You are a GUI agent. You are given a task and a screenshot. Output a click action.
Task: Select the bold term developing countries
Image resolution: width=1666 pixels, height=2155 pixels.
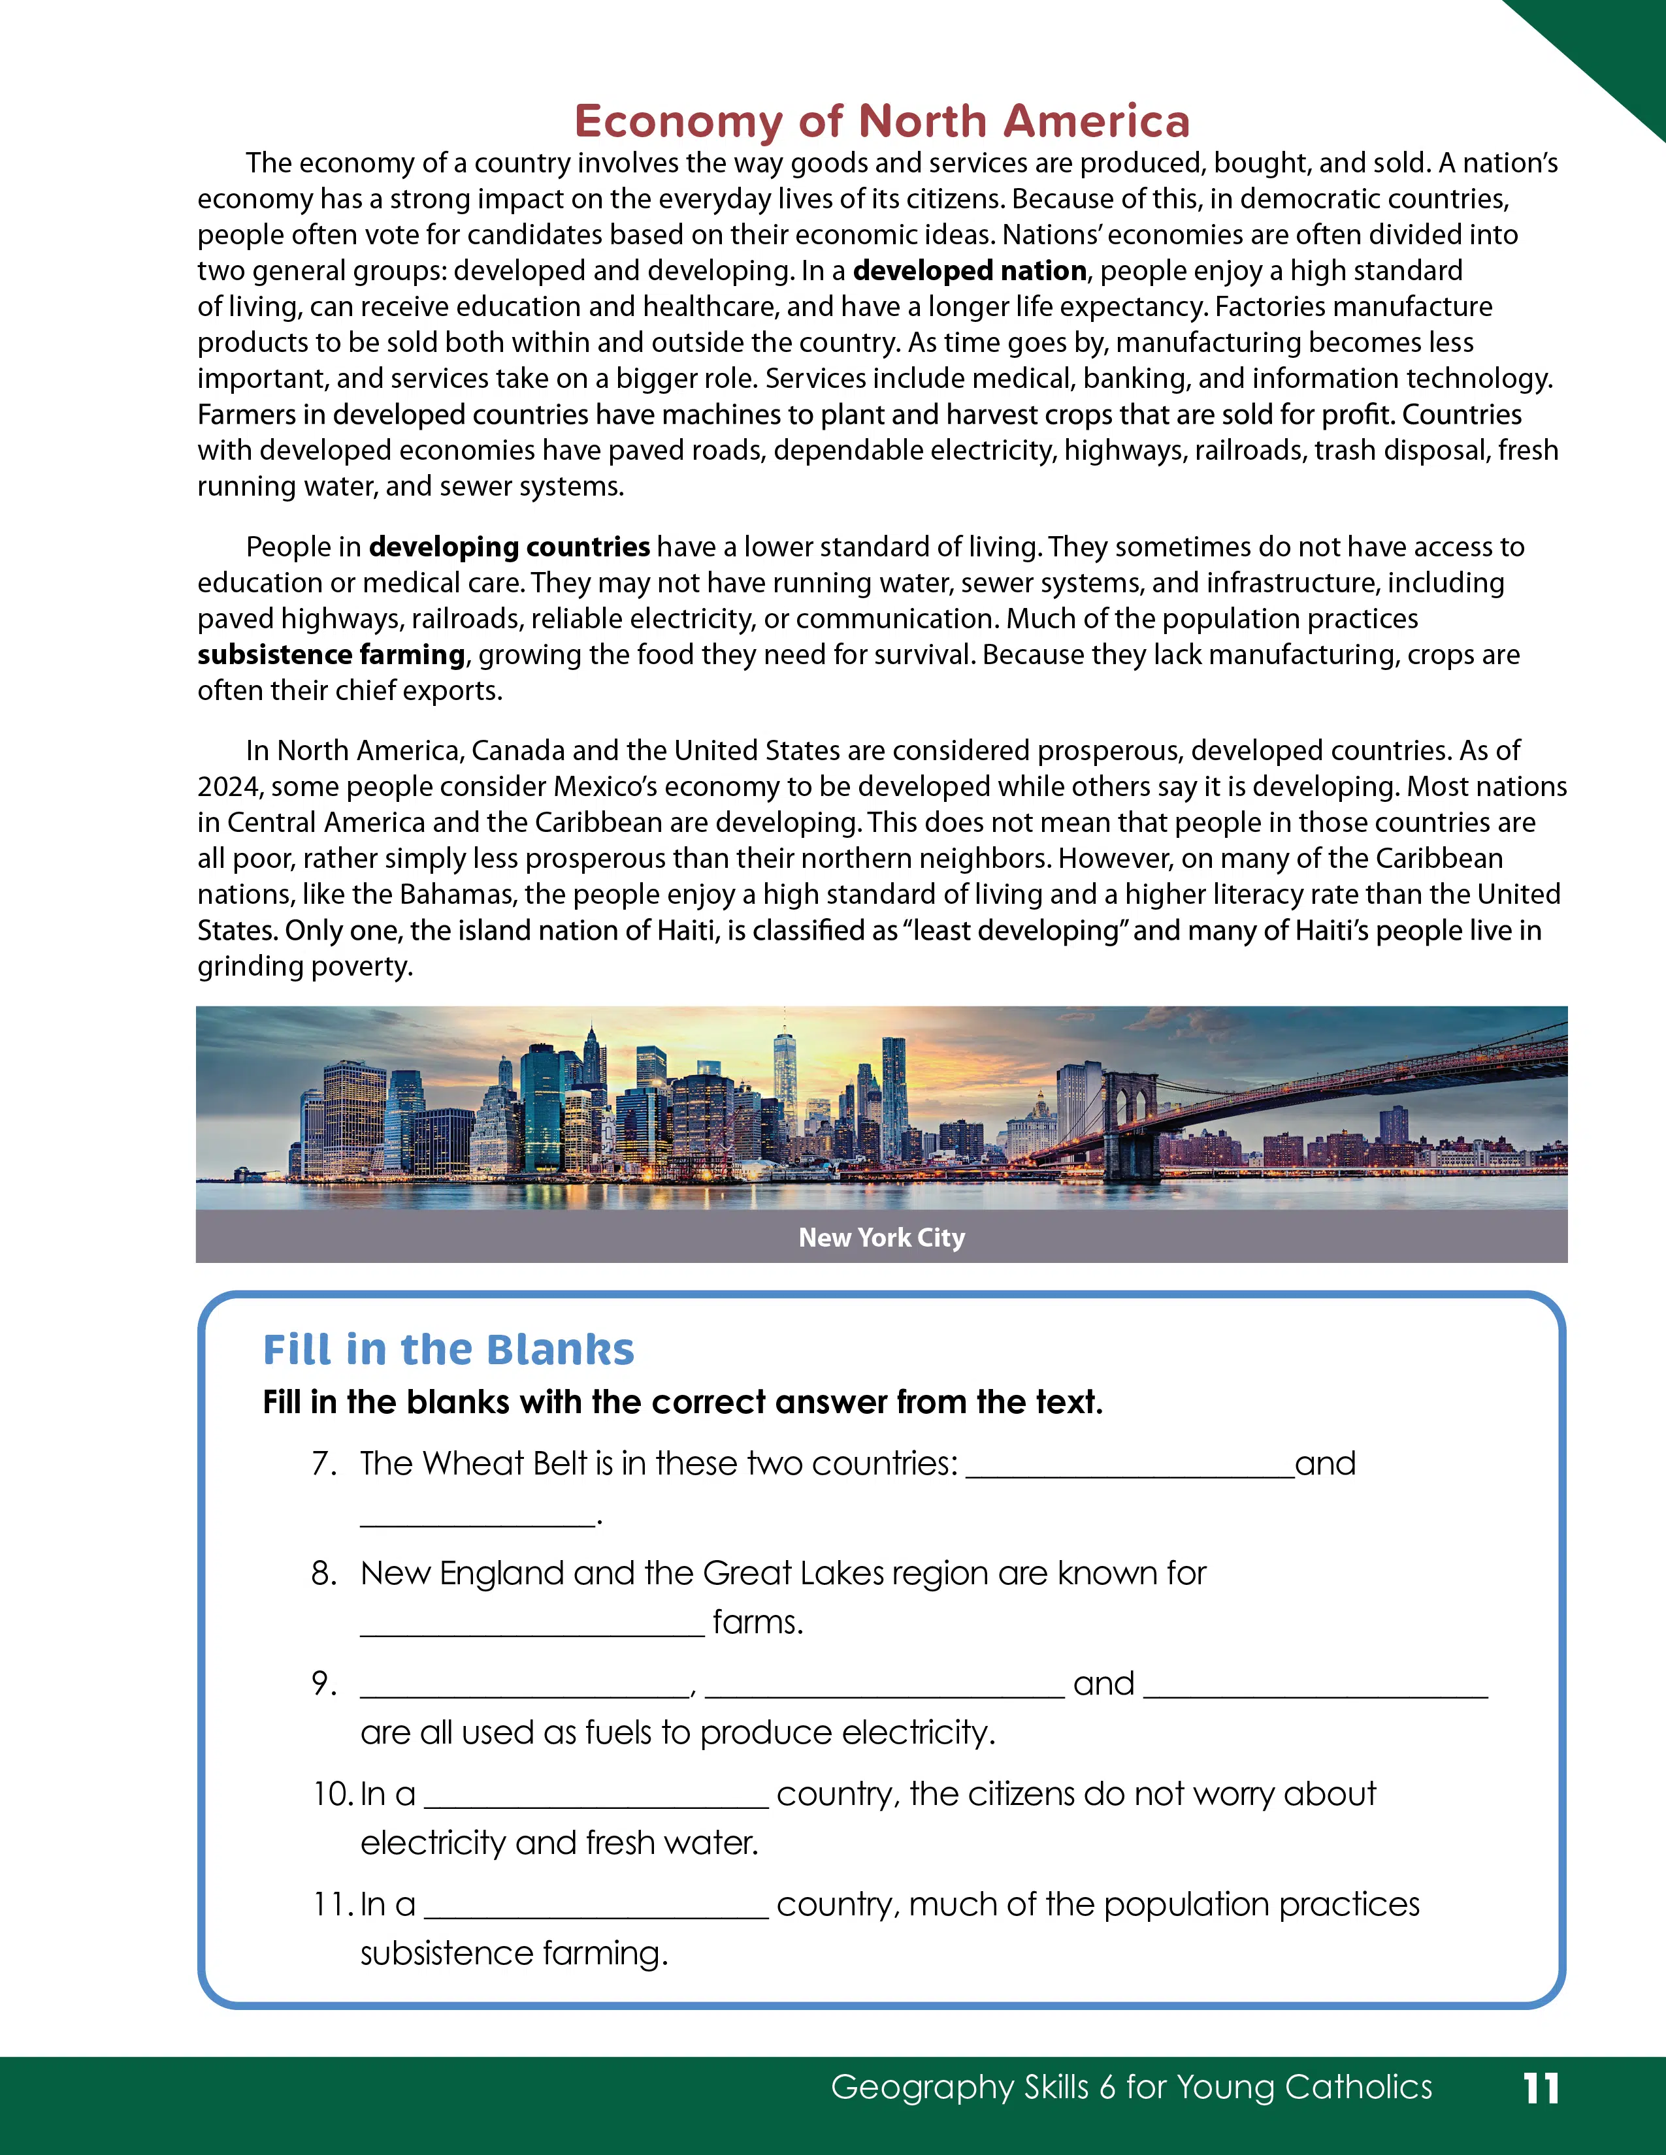pyautogui.click(x=510, y=547)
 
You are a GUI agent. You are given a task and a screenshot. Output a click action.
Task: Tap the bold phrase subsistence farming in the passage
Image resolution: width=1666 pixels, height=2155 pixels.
pyautogui.click(x=331, y=654)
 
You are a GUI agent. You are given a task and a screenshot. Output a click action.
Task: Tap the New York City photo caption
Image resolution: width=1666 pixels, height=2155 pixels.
pyautogui.click(x=881, y=1237)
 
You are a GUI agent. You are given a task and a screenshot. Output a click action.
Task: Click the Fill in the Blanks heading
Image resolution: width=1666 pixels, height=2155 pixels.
pyautogui.click(x=448, y=1349)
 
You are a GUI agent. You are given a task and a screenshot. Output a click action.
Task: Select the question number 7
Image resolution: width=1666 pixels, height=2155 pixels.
pyautogui.click(x=323, y=1463)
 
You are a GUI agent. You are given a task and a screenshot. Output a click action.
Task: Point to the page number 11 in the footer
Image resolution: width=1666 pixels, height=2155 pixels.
pyautogui.click(x=1541, y=2088)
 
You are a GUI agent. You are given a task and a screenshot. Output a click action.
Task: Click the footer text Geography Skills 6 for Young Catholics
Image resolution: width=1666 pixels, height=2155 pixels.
pyautogui.click(x=1131, y=2087)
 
